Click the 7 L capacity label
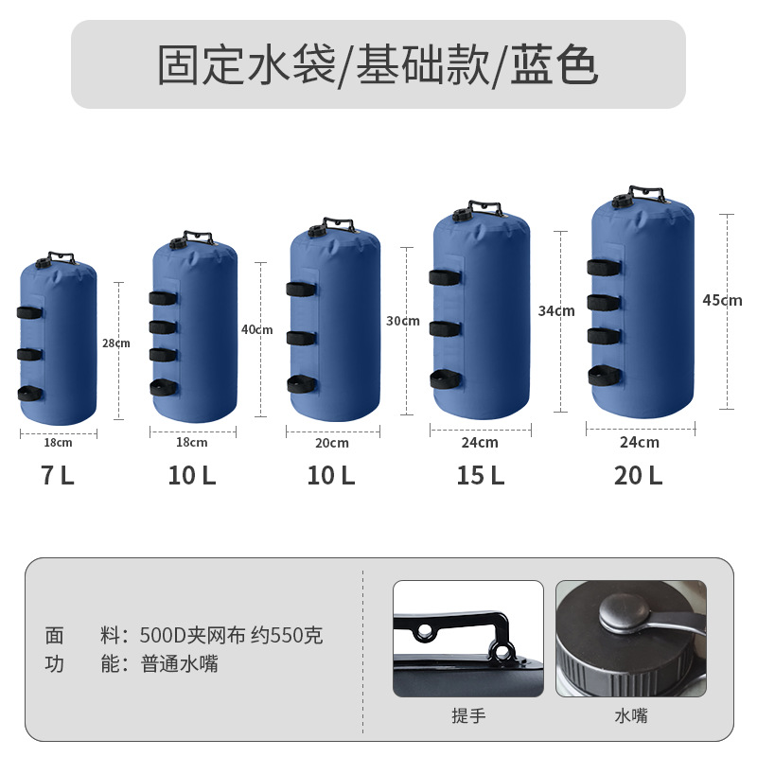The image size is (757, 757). pos(57,476)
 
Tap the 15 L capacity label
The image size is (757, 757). pos(480,476)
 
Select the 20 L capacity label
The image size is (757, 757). pos(638,476)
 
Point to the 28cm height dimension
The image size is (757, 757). pos(115,343)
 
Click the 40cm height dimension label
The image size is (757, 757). pos(256,329)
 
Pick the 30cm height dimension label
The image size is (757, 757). pos(402,321)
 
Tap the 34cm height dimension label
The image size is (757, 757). pos(556,310)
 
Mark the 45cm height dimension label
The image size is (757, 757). pos(722,300)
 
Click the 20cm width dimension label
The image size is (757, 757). pos(331,443)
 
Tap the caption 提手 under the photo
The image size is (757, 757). pos(468,715)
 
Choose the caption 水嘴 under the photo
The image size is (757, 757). pos(630,715)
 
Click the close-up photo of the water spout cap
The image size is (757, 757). pos(630,638)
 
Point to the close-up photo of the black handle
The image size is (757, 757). pos(468,638)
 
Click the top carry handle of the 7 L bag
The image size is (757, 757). pos(58,255)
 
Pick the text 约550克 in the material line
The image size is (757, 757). pos(287,635)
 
